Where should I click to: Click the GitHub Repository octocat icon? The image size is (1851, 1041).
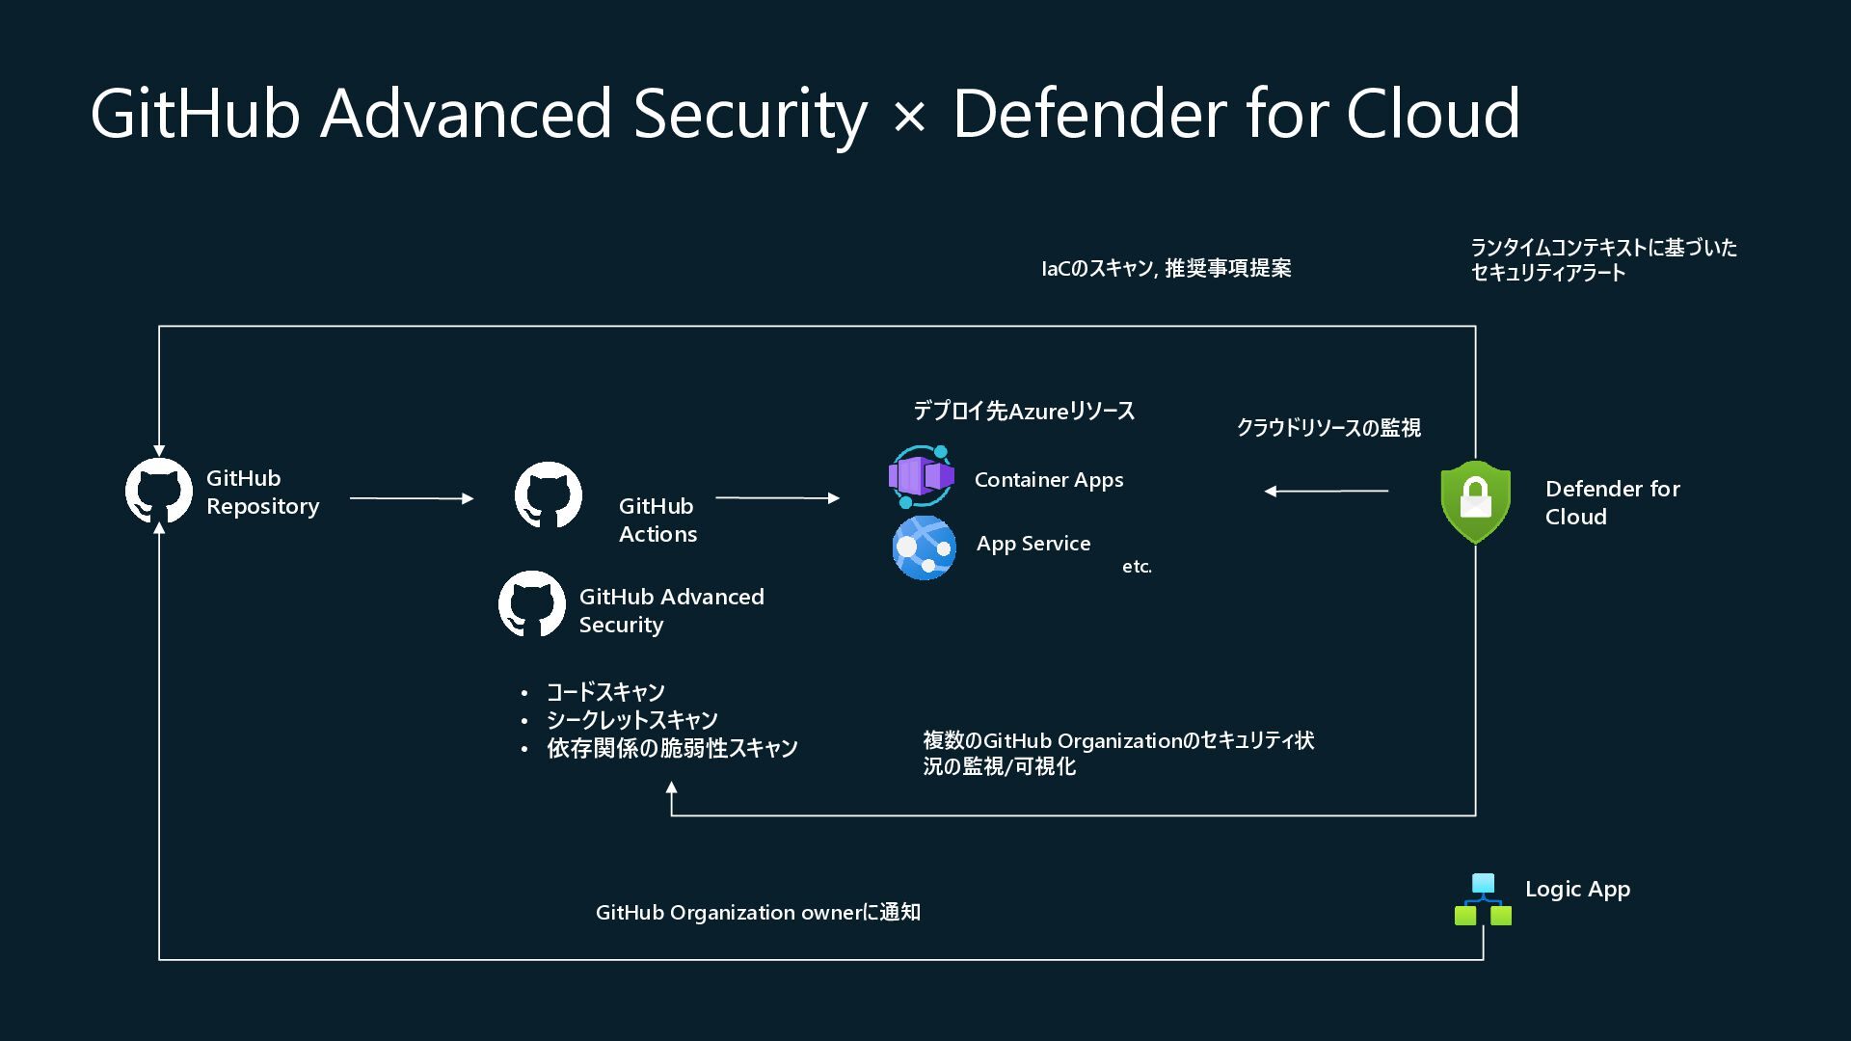click(159, 492)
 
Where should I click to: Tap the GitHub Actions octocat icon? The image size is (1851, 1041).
click(549, 495)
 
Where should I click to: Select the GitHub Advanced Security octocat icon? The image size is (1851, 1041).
click(532, 604)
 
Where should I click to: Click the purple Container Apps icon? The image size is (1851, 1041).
click(922, 476)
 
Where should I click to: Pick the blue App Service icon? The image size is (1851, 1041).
click(925, 547)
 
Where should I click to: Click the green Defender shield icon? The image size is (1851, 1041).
click(1475, 501)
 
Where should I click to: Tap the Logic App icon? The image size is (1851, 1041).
click(1483, 899)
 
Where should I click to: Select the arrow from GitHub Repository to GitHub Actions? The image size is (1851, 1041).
click(412, 498)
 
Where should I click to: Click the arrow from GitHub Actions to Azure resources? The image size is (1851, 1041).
click(778, 498)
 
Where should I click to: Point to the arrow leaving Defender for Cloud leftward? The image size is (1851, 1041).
click(1327, 491)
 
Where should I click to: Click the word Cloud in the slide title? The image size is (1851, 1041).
click(1433, 114)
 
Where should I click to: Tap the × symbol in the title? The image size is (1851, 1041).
click(909, 118)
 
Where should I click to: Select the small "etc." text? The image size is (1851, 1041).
click(1137, 567)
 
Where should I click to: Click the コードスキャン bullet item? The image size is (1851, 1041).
click(605, 692)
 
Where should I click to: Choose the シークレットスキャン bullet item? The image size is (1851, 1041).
click(632, 720)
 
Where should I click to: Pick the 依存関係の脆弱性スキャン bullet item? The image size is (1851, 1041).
click(672, 748)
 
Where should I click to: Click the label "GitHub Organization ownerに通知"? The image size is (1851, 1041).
click(758, 912)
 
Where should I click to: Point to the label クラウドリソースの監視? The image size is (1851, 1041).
click(1328, 427)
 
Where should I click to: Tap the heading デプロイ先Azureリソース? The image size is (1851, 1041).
click(1024, 412)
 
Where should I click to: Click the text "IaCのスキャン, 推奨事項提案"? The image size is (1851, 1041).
click(1166, 268)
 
